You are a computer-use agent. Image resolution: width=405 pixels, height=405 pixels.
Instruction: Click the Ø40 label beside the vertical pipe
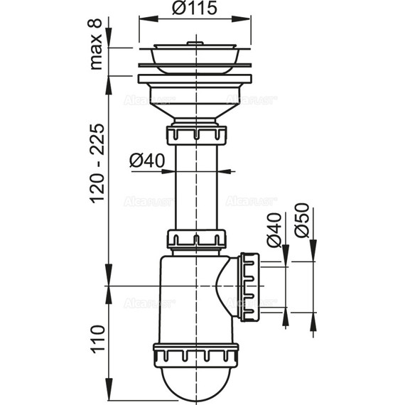pos(147,161)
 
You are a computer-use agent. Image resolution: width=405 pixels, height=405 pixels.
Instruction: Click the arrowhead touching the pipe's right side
pos(225,171)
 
